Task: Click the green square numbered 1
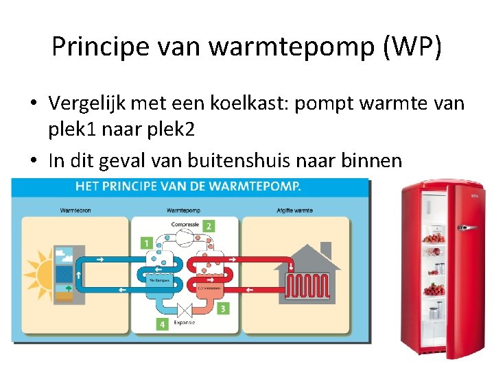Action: click(146, 243)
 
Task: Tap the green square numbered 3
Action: click(222, 309)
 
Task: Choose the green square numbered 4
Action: click(162, 323)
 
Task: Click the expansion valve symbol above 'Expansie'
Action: click(184, 309)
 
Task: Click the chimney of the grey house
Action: click(325, 249)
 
